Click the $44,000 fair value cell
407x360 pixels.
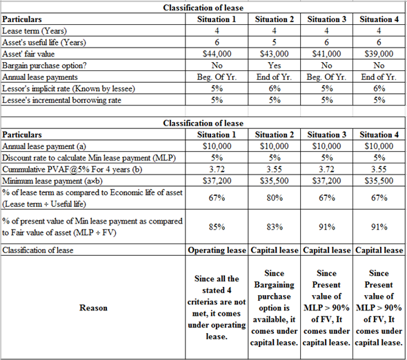coord(214,52)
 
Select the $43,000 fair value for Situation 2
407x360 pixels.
coord(275,52)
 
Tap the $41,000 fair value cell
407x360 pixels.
coord(327,52)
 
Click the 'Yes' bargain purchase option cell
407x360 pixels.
coord(275,64)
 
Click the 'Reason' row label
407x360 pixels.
coord(93,308)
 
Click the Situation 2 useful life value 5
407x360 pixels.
coord(275,41)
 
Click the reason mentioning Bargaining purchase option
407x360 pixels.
coord(275,308)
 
